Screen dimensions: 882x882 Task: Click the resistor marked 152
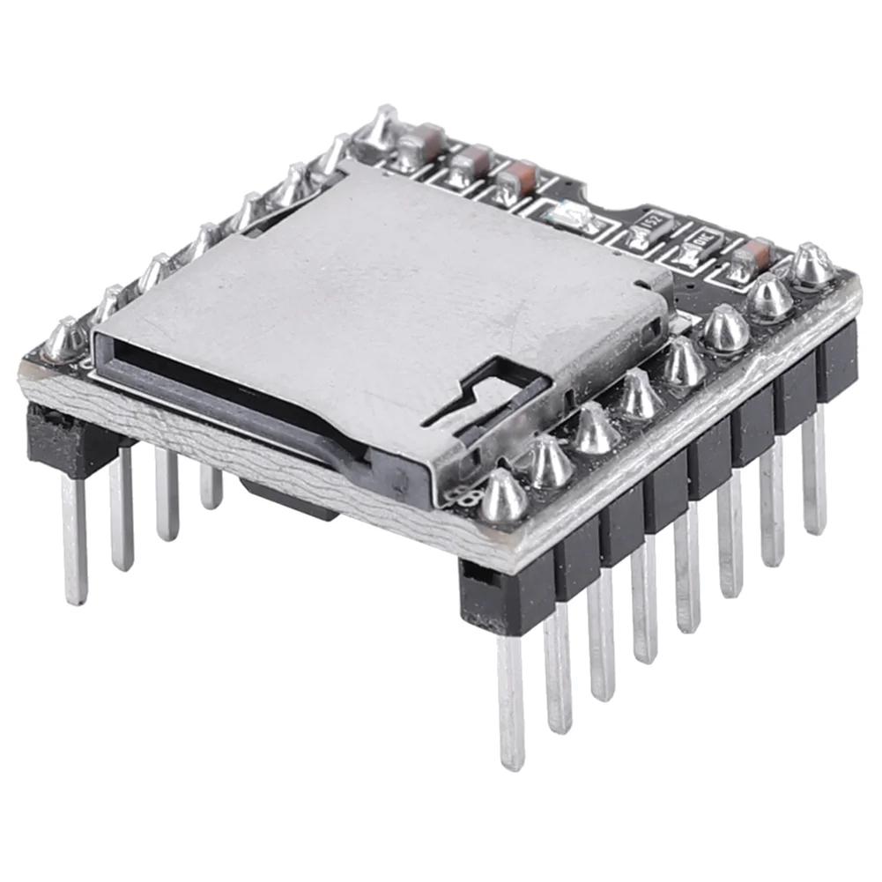650,228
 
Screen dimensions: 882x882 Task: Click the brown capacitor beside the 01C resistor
752,257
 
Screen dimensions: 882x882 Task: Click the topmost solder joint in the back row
382,128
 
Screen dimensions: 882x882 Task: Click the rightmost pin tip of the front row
815,520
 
